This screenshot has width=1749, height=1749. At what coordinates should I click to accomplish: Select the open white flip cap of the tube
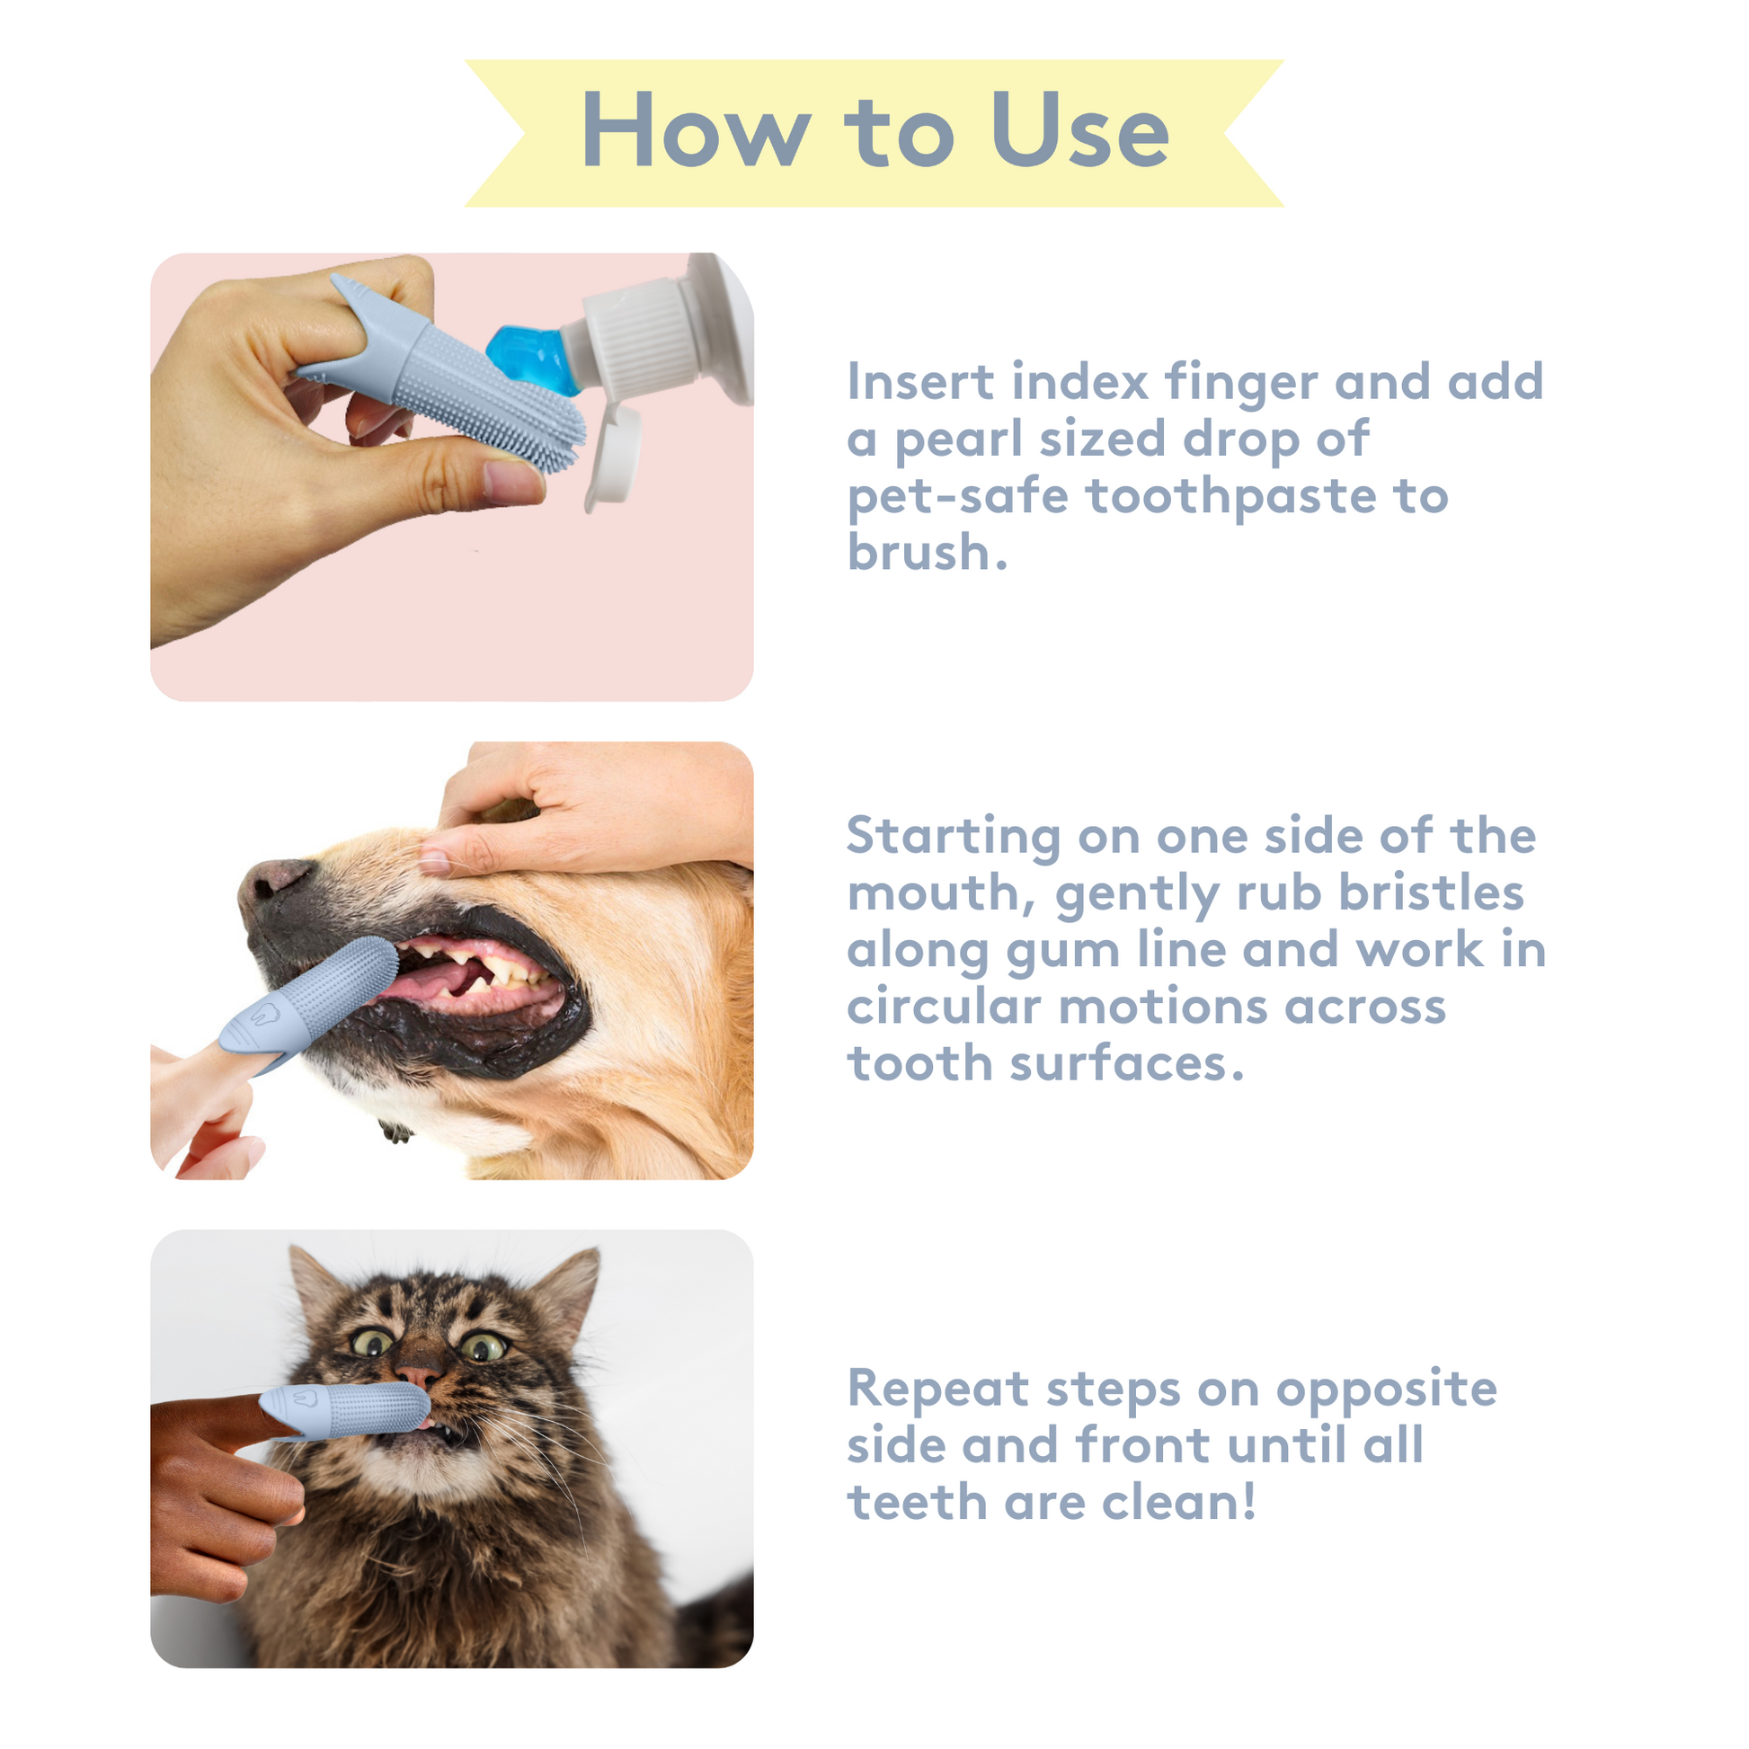tap(615, 456)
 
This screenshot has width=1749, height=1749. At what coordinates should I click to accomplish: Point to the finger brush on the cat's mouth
tap(345, 1411)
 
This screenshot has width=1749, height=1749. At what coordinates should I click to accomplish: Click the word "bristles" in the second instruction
tap(1431, 892)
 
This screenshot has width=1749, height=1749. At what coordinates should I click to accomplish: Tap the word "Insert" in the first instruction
tap(920, 381)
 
